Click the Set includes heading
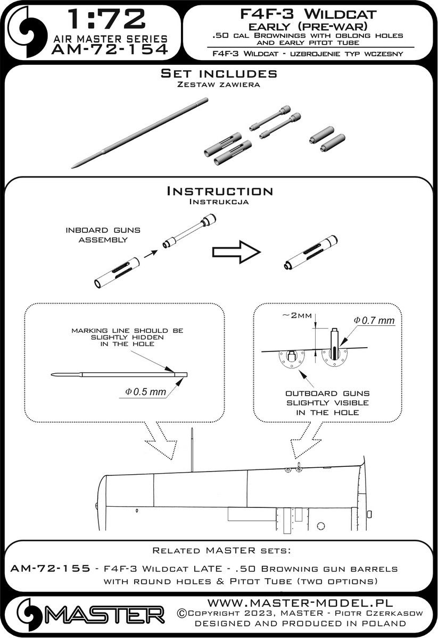point(218,74)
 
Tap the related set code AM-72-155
point(43,568)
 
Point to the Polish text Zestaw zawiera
point(218,85)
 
